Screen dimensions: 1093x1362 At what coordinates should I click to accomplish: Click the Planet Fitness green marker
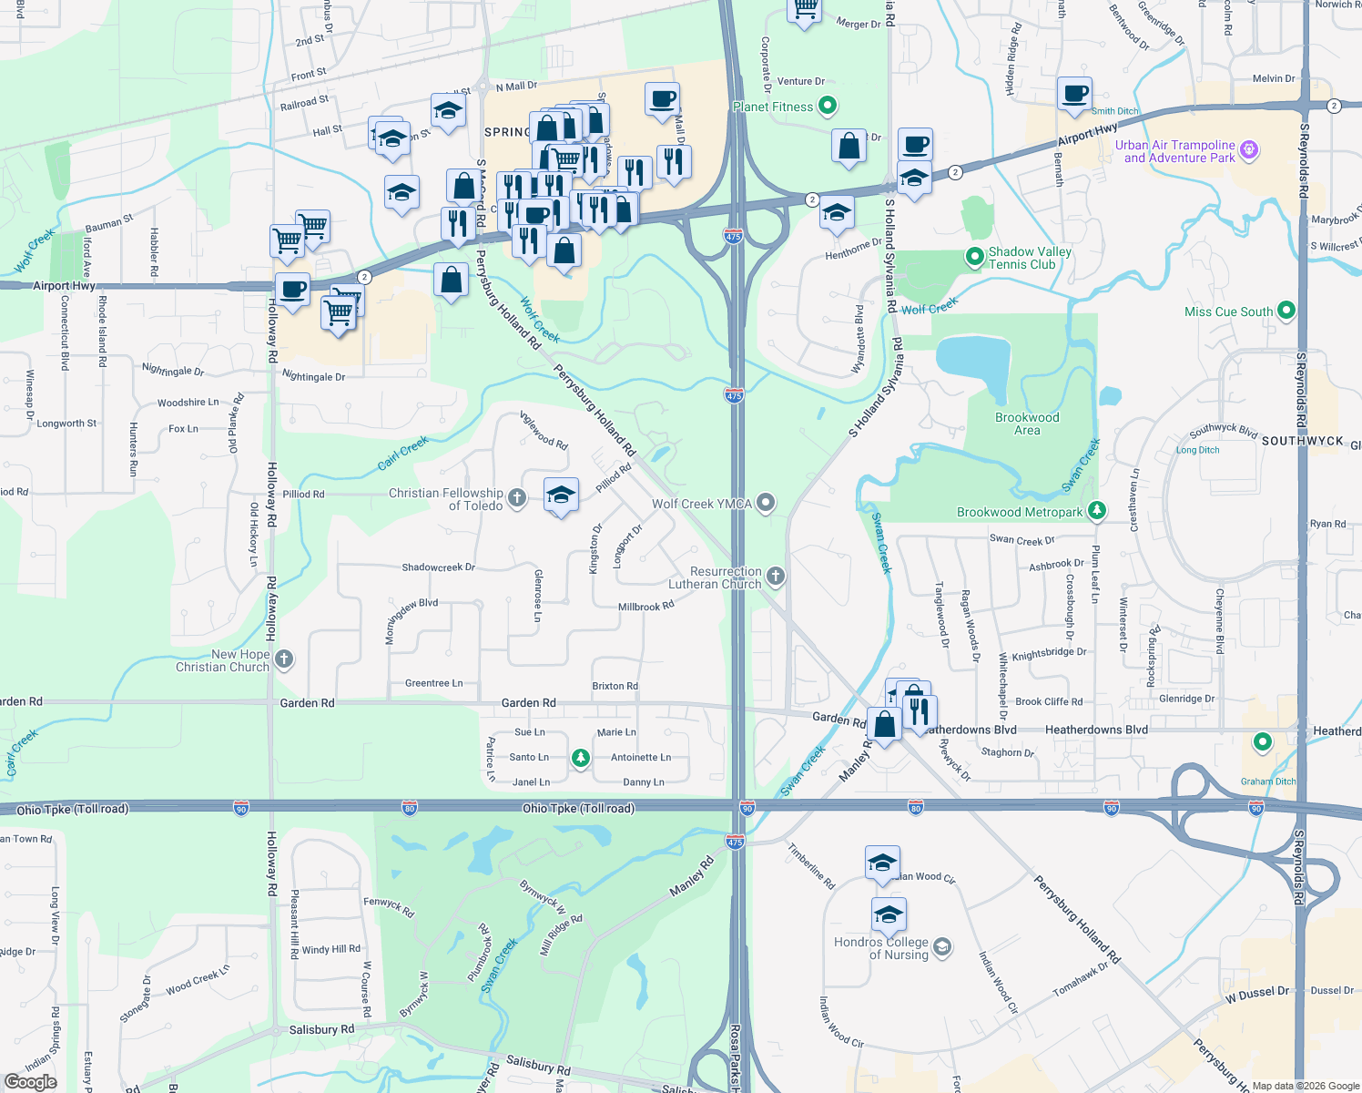[x=827, y=107]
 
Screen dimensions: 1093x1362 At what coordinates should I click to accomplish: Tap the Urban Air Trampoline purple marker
[x=1249, y=150]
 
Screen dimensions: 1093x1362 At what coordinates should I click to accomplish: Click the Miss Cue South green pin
[x=1286, y=312]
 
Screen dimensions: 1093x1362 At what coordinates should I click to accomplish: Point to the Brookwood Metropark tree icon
[x=1097, y=511]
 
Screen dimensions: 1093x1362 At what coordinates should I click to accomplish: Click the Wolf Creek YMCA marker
[x=767, y=503]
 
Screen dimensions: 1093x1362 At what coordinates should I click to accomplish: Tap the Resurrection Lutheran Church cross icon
[x=776, y=576]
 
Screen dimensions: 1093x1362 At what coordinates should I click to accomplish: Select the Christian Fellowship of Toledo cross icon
[x=517, y=497]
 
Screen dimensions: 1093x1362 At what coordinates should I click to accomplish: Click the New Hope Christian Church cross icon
[x=284, y=659]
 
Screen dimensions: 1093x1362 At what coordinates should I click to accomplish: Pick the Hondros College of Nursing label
[x=881, y=948]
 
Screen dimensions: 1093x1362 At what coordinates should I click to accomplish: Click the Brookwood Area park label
[x=1027, y=424]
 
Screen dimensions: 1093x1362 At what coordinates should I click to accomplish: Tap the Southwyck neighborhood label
[x=1302, y=441]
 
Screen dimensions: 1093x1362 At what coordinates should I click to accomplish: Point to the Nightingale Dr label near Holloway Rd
[x=313, y=376]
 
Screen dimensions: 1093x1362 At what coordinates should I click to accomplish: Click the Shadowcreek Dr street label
[x=438, y=567]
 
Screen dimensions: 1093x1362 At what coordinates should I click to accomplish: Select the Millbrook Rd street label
[x=645, y=607]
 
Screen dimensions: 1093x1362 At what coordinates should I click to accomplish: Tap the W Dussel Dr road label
[x=1256, y=993]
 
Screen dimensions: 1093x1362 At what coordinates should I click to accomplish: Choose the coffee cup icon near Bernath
[x=1074, y=94]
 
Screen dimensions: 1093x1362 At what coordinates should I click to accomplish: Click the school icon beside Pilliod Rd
[x=561, y=495]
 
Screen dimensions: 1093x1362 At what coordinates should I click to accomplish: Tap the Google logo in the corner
[x=30, y=1082]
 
